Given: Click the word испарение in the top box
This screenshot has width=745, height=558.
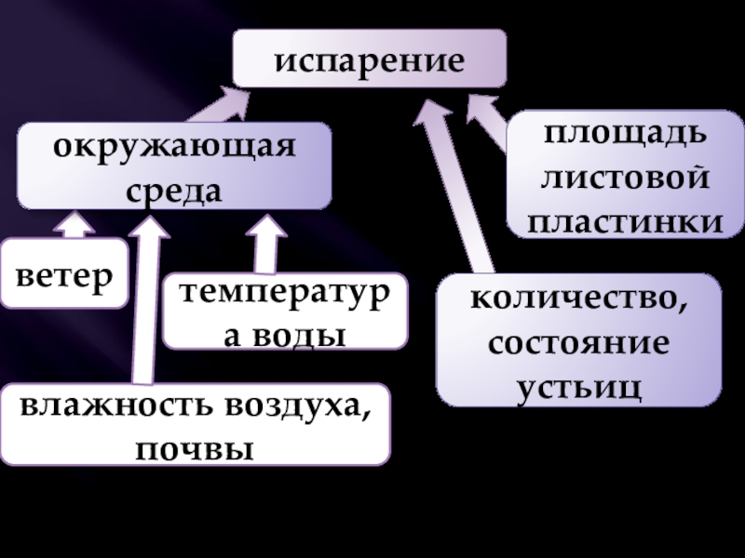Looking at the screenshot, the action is point(370,61).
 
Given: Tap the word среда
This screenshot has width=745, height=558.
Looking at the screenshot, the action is point(174,190).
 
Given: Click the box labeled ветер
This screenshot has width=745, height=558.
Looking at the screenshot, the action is point(63,273).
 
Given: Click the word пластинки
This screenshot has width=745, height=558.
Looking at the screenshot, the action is point(625,221).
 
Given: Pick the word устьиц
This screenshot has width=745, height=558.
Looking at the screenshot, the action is point(578,385).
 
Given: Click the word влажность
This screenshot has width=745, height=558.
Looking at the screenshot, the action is point(112,406).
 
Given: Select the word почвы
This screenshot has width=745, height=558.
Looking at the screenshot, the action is point(195,449).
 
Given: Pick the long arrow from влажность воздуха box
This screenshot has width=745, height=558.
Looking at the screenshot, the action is point(144,298).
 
